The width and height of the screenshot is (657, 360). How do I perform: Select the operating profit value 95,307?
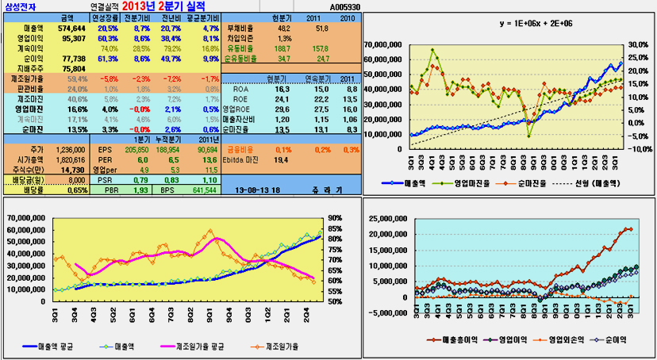(x=73, y=38)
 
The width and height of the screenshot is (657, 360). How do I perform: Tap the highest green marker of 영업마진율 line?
(x=433, y=51)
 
